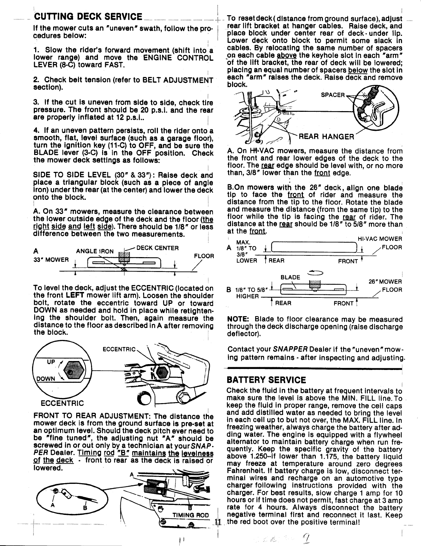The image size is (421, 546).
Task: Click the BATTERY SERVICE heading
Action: [x=266, y=380]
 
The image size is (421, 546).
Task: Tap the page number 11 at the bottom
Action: [x=217, y=522]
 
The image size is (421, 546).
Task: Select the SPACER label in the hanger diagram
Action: [x=332, y=95]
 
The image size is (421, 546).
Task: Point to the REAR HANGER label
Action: [x=326, y=137]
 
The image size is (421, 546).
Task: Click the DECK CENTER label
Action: [x=158, y=248]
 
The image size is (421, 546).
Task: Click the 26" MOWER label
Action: [x=385, y=282]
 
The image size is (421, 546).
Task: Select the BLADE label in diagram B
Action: [x=290, y=277]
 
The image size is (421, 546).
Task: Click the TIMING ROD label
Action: [x=191, y=515]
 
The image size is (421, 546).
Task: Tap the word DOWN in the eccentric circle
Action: [x=46, y=379]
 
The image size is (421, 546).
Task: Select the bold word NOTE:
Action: [x=239, y=319]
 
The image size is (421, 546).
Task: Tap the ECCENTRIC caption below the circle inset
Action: [x=62, y=403]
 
